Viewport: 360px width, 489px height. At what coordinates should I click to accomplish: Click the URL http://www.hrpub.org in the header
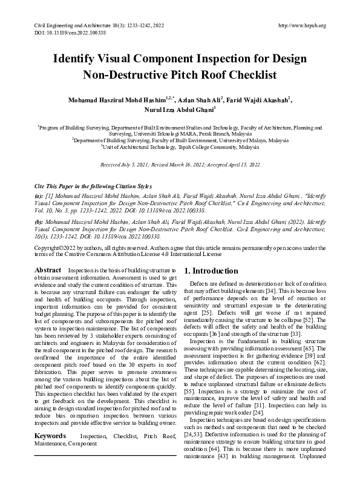(301, 25)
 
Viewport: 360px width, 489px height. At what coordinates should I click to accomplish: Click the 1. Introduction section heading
(211, 271)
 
